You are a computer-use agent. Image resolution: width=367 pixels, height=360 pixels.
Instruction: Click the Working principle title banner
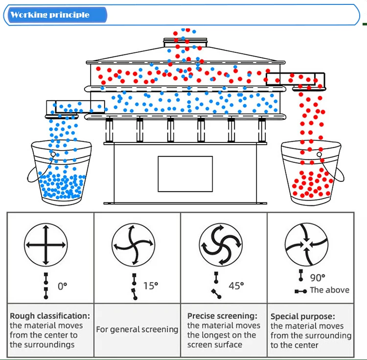click(50, 15)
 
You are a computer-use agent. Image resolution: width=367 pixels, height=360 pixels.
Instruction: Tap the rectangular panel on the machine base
click(185, 174)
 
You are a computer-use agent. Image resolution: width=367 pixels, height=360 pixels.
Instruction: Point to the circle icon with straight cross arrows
click(46, 244)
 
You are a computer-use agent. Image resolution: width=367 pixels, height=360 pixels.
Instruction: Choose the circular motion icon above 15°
click(133, 244)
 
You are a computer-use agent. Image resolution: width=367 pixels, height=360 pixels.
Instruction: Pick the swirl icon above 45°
click(220, 244)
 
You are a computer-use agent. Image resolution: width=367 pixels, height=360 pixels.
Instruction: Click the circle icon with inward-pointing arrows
click(306, 244)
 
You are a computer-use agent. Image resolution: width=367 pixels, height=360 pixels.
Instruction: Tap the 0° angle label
click(63, 287)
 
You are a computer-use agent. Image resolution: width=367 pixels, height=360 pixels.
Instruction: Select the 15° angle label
click(151, 286)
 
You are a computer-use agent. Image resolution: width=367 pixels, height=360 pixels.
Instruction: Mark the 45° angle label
click(236, 285)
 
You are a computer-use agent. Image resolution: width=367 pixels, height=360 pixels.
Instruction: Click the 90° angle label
click(317, 278)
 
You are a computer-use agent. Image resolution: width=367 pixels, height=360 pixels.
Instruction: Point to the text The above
click(329, 290)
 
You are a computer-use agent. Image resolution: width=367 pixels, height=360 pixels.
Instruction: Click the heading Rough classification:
click(50, 316)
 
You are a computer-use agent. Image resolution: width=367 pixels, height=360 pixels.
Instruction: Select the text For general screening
click(137, 330)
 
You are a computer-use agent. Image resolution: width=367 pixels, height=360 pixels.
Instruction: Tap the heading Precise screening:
click(222, 316)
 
